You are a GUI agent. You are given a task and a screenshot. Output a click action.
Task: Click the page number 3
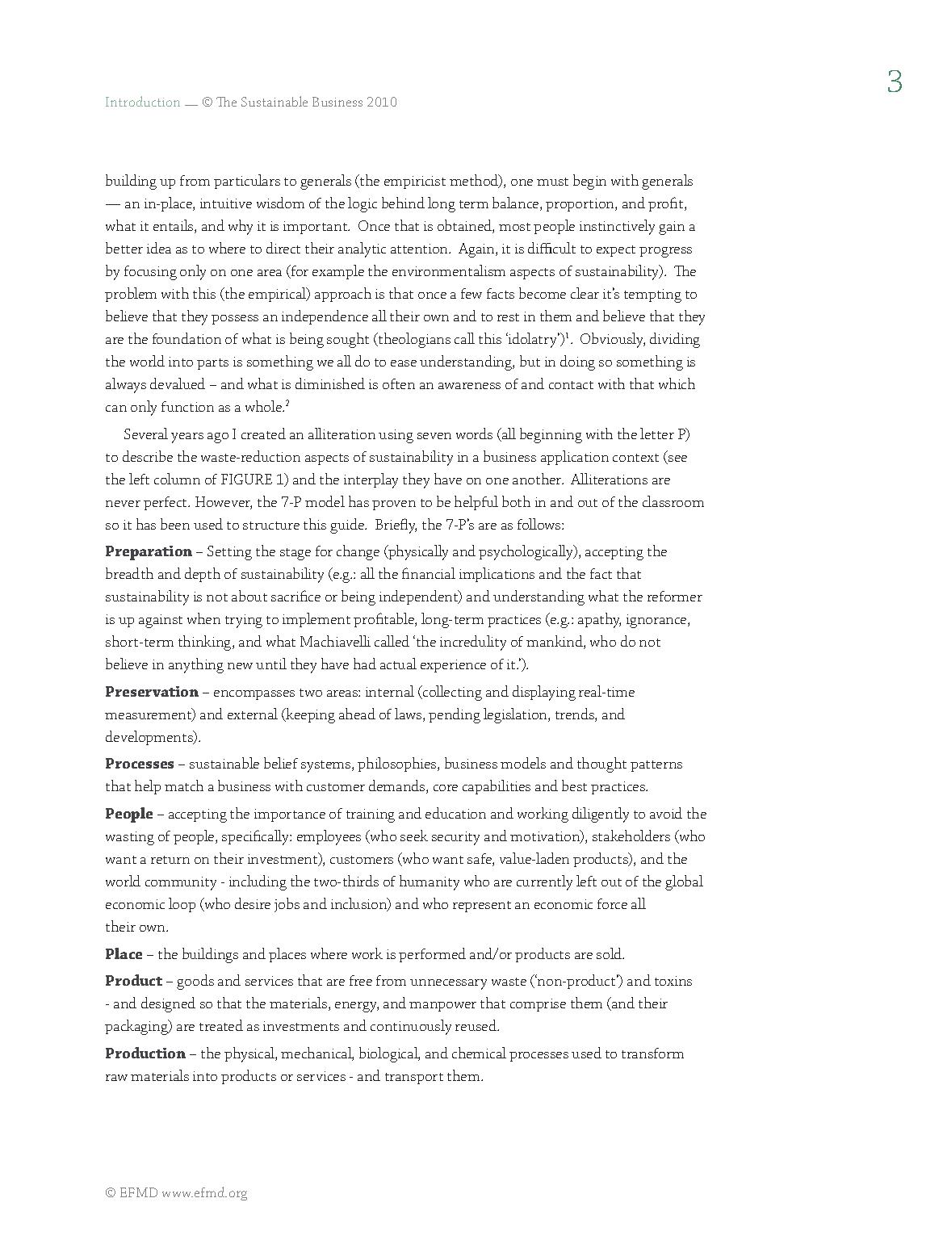894,82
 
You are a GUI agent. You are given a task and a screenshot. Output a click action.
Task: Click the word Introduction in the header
143,103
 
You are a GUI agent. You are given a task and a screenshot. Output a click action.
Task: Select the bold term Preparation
149,552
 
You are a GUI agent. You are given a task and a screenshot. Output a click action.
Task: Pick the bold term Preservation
152,692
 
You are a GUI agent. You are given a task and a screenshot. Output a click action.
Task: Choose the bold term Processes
140,764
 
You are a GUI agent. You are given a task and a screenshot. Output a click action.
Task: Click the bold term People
129,814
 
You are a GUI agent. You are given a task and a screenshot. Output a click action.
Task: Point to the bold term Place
124,954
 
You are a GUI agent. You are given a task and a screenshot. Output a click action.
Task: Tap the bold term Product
134,981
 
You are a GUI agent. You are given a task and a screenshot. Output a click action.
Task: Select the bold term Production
145,1054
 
